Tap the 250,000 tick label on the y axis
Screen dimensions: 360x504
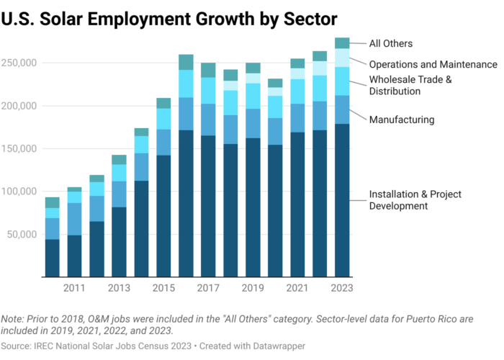[x=20, y=63]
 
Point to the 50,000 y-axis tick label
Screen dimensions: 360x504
[x=22, y=235]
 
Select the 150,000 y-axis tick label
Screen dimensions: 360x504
[x=20, y=149]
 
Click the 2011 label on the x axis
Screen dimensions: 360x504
[x=75, y=288]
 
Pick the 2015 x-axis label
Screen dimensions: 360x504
[x=163, y=288]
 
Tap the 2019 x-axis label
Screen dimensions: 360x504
[x=253, y=288]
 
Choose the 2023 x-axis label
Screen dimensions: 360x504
[x=342, y=288]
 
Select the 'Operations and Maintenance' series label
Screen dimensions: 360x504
[x=433, y=64]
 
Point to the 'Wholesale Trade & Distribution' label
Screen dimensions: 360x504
[x=410, y=85]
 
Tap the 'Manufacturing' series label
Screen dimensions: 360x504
[x=402, y=120]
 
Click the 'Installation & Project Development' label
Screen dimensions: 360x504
[x=415, y=200]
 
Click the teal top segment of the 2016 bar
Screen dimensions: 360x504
[x=186, y=62]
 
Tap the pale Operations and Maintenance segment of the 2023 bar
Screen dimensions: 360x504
[x=342, y=58]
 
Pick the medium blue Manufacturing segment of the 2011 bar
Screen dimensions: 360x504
[x=75, y=219]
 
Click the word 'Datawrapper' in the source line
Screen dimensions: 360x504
[x=279, y=346]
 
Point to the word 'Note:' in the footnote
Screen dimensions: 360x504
[x=13, y=319]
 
